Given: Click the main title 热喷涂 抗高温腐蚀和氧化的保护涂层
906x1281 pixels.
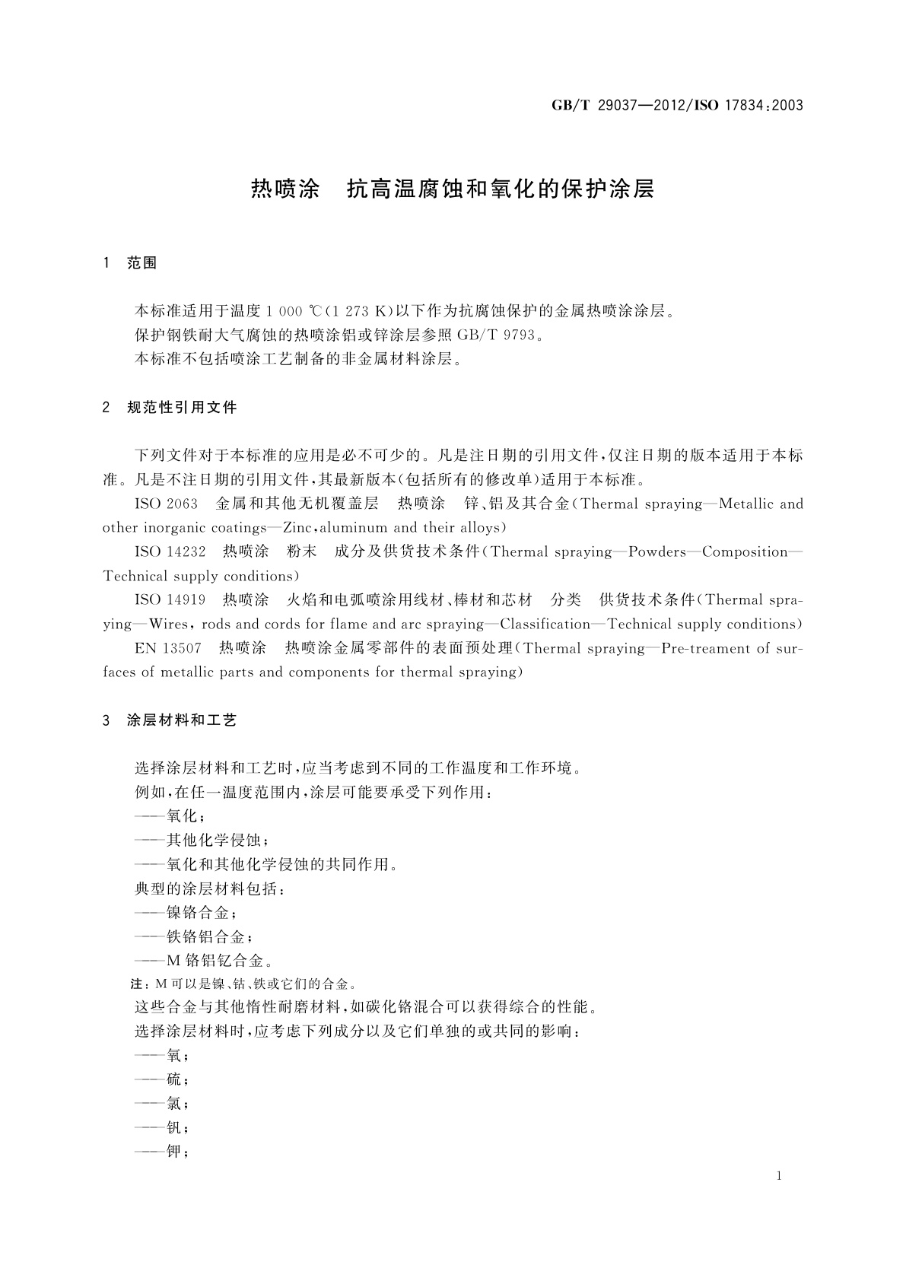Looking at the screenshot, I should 453,189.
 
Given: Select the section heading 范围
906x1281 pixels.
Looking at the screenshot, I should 142,263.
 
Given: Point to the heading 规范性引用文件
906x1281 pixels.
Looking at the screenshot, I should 182,408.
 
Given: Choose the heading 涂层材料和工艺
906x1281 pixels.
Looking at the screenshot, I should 182,720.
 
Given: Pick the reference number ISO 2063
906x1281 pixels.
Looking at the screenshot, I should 166,504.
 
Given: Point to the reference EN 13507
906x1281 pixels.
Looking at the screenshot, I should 168,648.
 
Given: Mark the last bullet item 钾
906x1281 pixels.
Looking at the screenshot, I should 174,1152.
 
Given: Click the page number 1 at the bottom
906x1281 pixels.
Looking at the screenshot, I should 779,1176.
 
